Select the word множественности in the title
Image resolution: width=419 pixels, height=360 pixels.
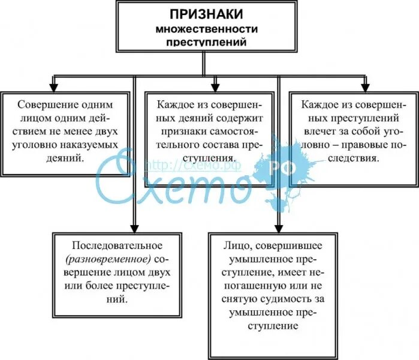[206, 29]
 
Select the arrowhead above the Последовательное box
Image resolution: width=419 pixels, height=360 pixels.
[134, 227]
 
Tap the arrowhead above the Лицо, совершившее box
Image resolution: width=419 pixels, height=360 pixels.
[278, 227]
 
